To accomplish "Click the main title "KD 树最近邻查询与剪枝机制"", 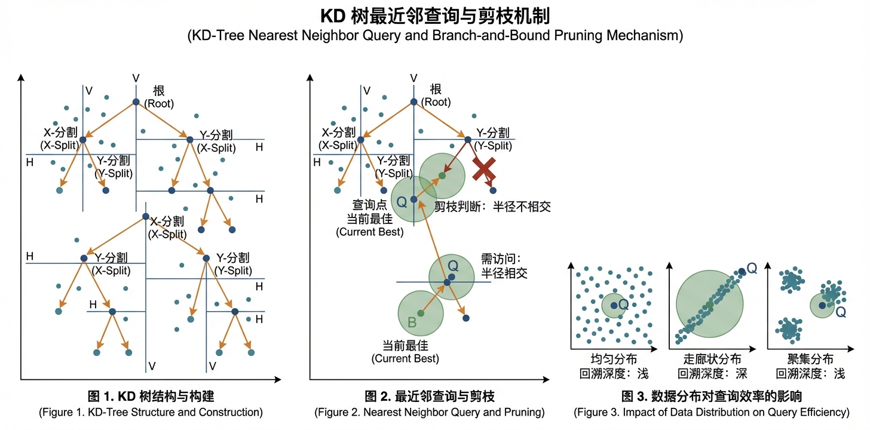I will tap(434, 16).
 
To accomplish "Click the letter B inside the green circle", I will tap(412, 322).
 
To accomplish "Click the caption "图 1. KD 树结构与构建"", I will tap(151, 397).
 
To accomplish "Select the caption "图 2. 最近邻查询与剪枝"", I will tap(429, 397).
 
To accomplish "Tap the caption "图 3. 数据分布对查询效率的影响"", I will tap(711, 397).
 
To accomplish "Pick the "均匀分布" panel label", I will tap(614, 360).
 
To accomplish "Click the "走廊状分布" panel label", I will tap(713, 360).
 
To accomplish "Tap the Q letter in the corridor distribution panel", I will tap(752, 269).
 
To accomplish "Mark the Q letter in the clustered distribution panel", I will tap(841, 311).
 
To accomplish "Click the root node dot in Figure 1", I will tap(136, 103).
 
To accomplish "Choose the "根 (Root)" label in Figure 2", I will tap(436, 96).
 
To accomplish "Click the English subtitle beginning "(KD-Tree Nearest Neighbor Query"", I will tap(434, 35).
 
